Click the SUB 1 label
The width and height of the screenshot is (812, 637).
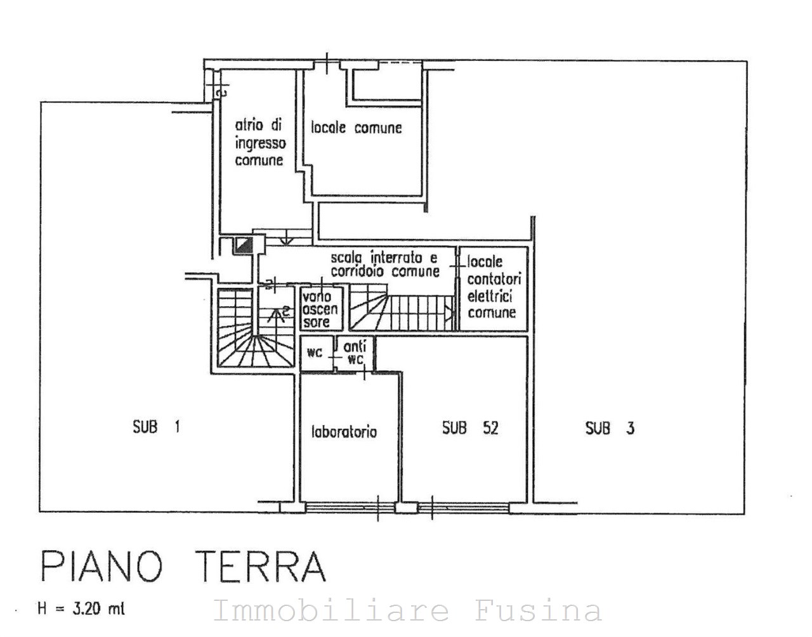(157, 427)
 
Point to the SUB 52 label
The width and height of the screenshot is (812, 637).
(470, 428)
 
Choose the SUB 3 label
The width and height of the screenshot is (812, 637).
(610, 428)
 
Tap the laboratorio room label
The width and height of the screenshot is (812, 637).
(344, 432)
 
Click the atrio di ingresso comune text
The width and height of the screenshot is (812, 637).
(260, 143)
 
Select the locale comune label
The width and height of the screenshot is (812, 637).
(357, 128)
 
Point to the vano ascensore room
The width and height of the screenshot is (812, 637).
(322, 309)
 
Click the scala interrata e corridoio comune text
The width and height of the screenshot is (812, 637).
(385, 264)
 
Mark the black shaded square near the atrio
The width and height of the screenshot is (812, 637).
(244, 245)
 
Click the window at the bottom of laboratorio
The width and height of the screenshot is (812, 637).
(350, 507)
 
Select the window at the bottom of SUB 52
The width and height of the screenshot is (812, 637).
(463, 507)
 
